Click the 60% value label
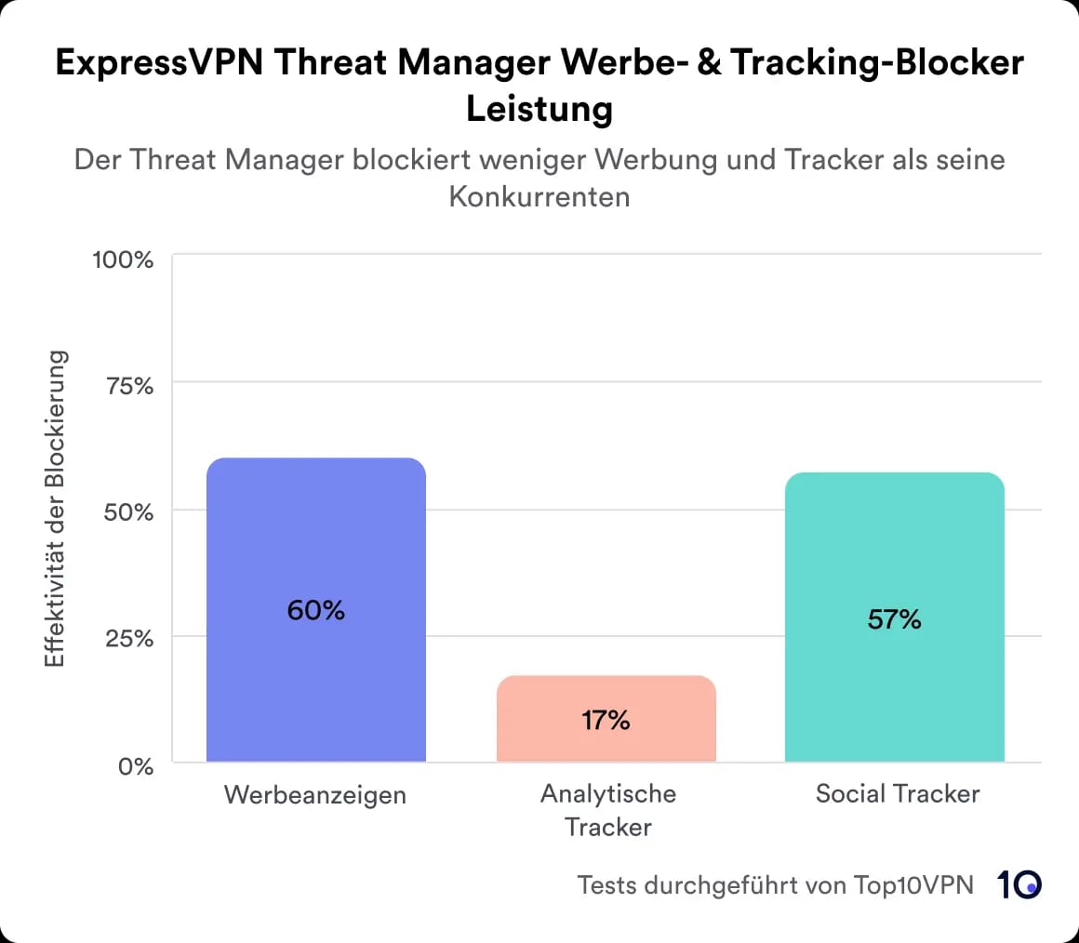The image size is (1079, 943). (x=315, y=611)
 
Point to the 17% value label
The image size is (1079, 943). (x=606, y=720)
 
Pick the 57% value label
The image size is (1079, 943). (x=894, y=619)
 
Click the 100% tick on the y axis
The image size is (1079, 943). (x=122, y=259)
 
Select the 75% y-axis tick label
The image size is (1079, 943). (x=128, y=386)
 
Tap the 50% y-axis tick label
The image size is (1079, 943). (x=127, y=512)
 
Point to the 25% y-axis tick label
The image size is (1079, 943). (x=128, y=639)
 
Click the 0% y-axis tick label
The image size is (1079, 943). (x=135, y=766)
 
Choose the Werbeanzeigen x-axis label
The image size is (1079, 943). (x=315, y=796)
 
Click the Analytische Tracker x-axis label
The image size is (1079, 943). (x=608, y=810)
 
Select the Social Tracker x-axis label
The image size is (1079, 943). (x=897, y=794)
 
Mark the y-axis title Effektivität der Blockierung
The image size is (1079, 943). (x=55, y=509)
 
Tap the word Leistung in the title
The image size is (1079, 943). (x=539, y=109)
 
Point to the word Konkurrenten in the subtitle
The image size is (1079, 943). (x=539, y=197)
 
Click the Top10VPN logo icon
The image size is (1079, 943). (x=1019, y=884)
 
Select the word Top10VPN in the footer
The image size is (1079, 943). (x=914, y=884)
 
